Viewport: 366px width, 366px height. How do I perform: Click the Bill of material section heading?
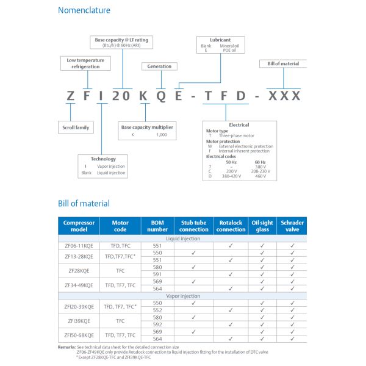(84, 203)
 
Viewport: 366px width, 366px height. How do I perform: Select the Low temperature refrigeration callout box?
(85, 63)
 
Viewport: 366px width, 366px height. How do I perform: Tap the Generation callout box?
(159, 66)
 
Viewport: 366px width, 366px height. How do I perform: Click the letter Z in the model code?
(72, 96)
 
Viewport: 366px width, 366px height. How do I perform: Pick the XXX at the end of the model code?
(284, 96)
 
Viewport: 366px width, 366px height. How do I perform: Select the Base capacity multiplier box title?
(147, 127)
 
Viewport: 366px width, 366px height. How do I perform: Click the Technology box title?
(103, 159)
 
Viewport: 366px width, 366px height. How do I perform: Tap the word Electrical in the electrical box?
(239, 125)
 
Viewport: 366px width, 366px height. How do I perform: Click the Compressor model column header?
(79, 226)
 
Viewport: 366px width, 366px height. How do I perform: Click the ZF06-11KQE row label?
(79, 245)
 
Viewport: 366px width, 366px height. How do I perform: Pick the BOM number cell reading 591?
(157, 274)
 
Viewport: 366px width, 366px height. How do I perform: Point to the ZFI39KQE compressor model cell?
(79, 320)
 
